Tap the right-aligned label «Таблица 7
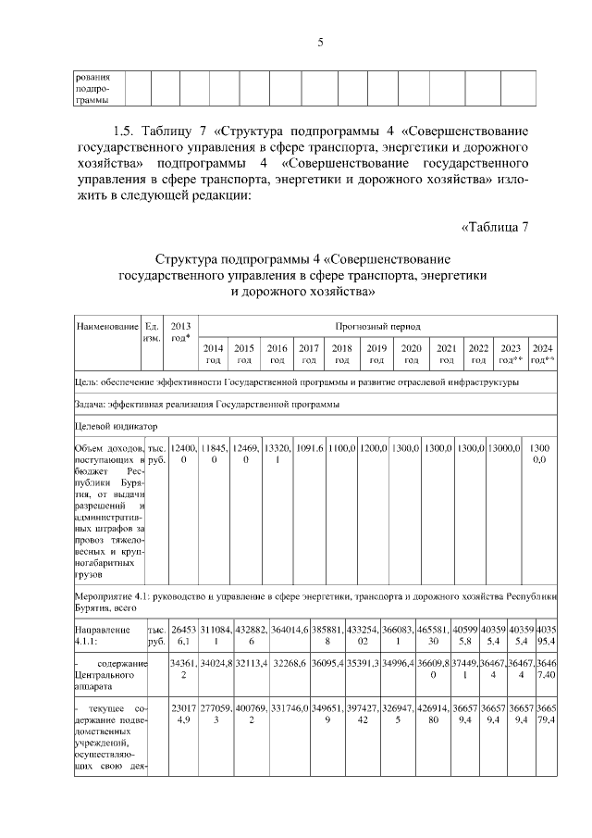tap(493, 228)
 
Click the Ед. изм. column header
tap(153, 331)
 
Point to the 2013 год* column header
tap(181, 331)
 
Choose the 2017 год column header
tap(309, 354)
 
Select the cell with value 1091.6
tap(309, 448)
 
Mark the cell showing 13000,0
tap(505, 448)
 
